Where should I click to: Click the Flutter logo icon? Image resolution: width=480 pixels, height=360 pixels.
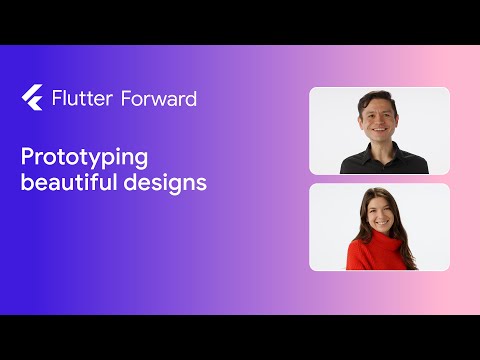click(31, 98)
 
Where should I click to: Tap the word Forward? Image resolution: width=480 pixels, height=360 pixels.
click(159, 98)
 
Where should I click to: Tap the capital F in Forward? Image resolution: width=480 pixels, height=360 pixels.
click(125, 98)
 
